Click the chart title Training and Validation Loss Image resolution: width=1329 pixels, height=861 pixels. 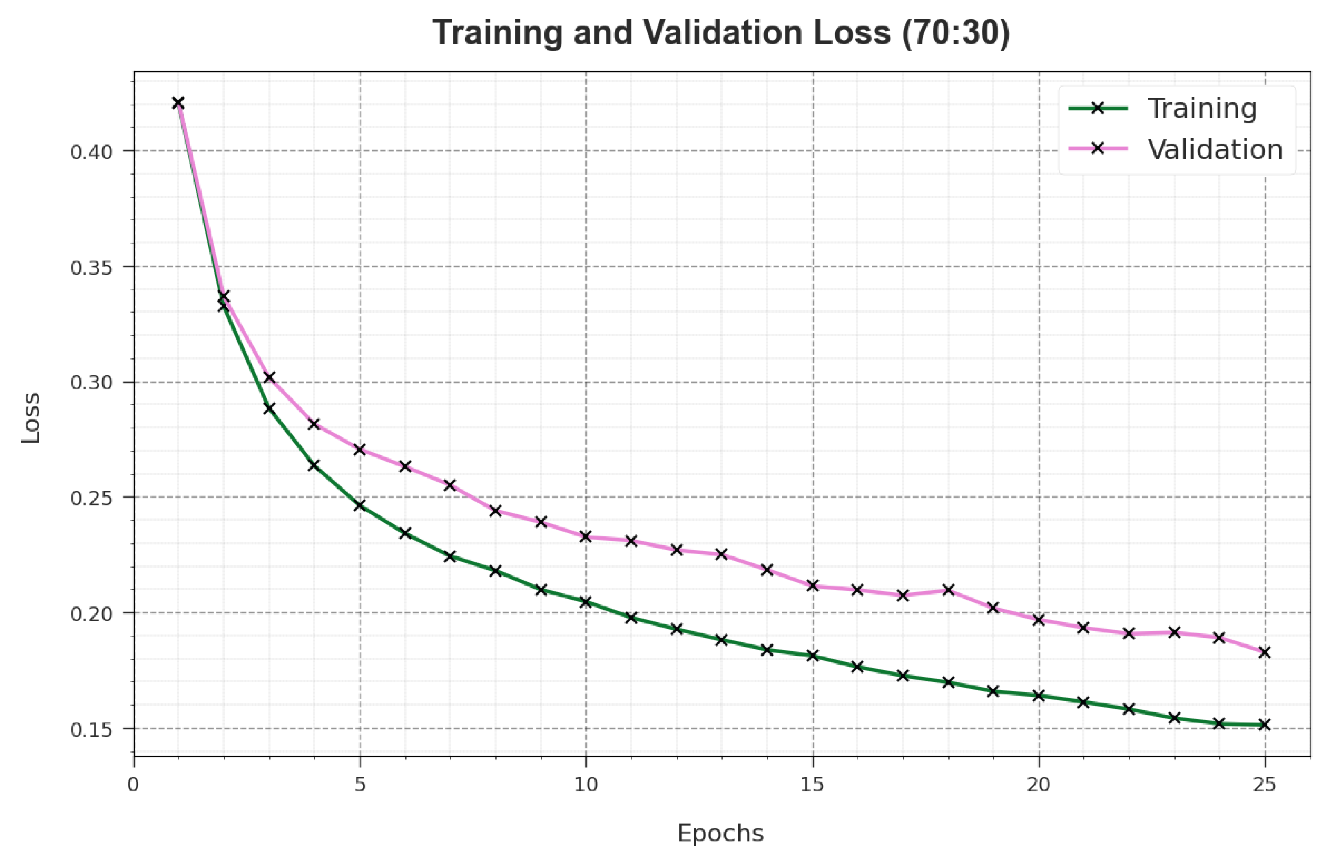coord(721,33)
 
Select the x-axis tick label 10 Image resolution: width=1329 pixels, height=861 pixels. coord(586,785)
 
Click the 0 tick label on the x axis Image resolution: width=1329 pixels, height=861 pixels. coord(133,785)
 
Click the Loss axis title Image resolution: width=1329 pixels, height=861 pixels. coord(31,418)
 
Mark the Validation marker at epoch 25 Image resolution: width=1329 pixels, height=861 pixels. coord(1265,652)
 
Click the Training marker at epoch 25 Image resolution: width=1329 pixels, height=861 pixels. coord(1265,725)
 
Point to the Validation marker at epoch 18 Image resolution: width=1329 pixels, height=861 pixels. coord(948,590)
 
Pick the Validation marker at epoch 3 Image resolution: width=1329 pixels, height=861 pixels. coord(269,378)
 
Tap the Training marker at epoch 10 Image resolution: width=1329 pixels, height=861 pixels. coord(586,602)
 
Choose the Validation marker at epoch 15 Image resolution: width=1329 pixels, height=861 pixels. coord(813,586)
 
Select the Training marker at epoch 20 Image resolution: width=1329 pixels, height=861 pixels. coord(1039,696)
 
